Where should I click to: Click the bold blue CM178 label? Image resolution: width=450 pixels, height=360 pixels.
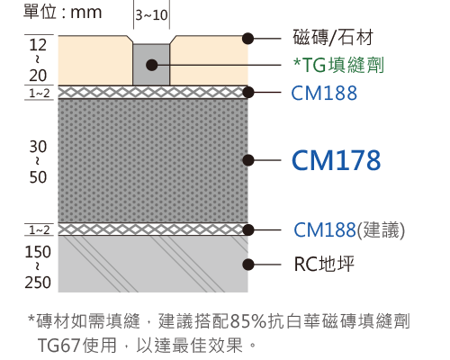(x=336, y=160)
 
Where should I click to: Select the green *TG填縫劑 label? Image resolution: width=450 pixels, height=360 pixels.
(x=338, y=65)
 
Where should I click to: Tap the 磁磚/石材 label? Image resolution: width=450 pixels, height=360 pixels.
(x=333, y=38)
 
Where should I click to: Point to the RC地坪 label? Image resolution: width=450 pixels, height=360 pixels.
(x=324, y=264)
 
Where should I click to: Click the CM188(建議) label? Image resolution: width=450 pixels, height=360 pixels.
(x=349, y=230)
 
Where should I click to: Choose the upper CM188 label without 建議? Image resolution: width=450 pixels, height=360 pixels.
(x=324, y=93)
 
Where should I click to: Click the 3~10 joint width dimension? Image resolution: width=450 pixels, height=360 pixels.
(x=151, y=15)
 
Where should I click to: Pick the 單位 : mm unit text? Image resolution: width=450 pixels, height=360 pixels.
(x=63, y=13)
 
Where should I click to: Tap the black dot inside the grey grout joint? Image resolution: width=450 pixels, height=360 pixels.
(x=152, y=65)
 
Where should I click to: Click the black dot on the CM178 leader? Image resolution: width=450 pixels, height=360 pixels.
(x=247, y=160)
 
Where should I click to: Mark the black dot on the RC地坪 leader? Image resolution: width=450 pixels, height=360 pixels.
(x=247, y=265)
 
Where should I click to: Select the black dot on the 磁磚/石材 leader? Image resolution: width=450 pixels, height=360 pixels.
(x=247, y=39)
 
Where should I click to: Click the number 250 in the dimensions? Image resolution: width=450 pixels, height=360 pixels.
(x=38, y=283)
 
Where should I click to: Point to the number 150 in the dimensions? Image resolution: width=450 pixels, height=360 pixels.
(x=38, y=252)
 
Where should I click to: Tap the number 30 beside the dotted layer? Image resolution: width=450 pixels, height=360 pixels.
(x=38, y=147)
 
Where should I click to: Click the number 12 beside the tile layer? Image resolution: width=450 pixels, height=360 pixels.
(x=38, y=45)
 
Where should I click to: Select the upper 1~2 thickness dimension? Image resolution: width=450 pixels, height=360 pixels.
(x=40, y=94)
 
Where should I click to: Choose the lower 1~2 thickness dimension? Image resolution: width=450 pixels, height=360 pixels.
(x=40, y=230)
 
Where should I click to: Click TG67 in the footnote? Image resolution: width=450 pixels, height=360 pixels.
(x=58, y=346)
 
